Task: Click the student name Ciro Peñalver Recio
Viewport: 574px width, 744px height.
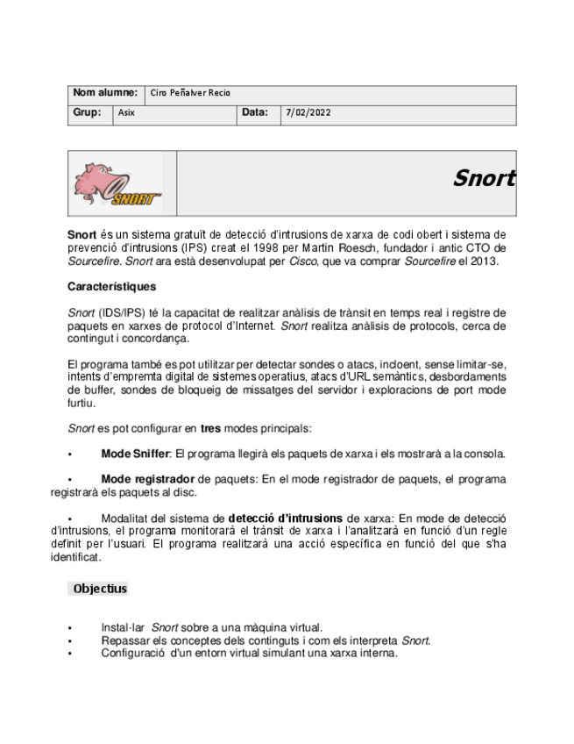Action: tap(190, 93)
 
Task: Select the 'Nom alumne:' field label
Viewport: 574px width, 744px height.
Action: tap(105, 93)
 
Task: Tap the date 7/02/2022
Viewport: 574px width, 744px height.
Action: tap(308, 113)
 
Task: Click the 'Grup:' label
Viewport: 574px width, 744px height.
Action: tap(87, 113)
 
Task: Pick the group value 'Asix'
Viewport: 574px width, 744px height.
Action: tap(126, 113)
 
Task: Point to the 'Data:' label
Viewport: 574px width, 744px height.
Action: tap(255, 113)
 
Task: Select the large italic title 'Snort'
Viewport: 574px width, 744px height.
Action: tap(483, 178)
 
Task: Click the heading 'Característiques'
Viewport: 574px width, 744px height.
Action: tap(111, 287)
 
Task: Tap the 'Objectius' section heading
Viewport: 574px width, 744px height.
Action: tap(100, 589)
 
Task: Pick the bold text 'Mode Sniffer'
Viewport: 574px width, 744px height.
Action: tap(135, 454)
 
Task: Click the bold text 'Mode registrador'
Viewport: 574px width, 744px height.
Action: tap(147, 480)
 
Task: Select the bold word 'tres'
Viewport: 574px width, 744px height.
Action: tap(210, 429)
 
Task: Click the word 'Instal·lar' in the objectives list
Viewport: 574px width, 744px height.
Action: tap(123, 627)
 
